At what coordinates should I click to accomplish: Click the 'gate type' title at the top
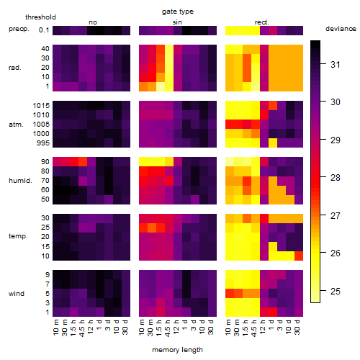pos(178,12)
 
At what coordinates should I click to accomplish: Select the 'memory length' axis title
pos(177,350)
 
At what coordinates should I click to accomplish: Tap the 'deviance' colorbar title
pos(341,29)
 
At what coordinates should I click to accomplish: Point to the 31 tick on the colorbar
pos(323,64)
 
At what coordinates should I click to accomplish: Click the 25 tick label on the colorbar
pos(336,291)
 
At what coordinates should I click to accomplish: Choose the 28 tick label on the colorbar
pos(336,178)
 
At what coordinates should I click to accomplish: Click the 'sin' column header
pos(177,22)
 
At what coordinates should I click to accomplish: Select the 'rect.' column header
pos(261,22)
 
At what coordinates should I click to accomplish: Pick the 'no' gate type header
pos(93,22)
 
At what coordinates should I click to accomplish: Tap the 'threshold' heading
pos(40,17)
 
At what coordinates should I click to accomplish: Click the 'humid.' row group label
pos(20,181)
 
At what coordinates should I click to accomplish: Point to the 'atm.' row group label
pos(16,125)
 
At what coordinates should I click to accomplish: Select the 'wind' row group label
pos(17,294)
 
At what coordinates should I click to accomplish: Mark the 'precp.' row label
pos(19,29)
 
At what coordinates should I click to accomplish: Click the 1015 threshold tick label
pos(41,106)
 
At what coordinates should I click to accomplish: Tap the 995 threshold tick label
pos(43,143)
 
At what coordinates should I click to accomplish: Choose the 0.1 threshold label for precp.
pos(44,30)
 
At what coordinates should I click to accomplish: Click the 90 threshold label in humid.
pos(45,162)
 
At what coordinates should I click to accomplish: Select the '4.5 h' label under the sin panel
pos(167,328)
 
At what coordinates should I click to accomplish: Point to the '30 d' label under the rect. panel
pos(297,327)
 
